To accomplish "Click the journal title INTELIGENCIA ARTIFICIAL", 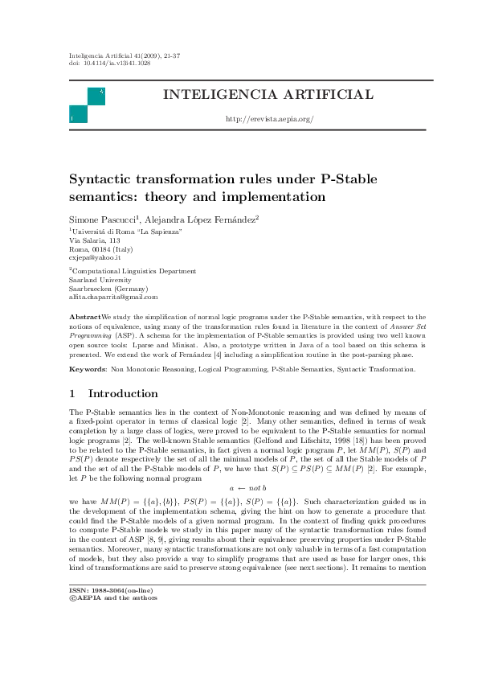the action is pos(268,95).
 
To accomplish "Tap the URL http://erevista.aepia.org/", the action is pos(268,119).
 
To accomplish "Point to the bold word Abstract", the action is pos(85,318).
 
